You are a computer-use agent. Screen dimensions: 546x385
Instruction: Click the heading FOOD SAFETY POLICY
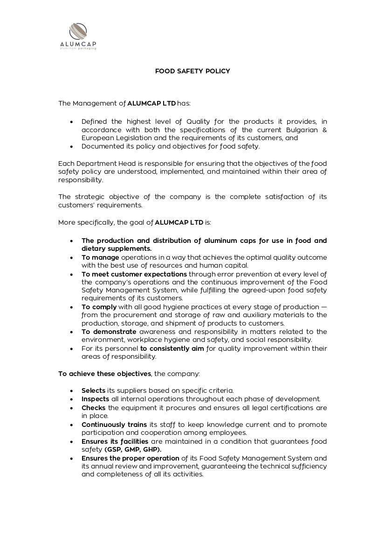pyautogui.click(x=192, y=71)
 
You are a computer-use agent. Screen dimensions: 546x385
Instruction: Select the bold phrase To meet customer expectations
pyautogui.click(x=134, y=274)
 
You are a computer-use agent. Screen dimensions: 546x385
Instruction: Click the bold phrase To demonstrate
pyautogui.click(x=109, y=332)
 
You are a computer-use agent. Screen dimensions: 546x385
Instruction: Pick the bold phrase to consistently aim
pyautogui.click(x=172, y=348)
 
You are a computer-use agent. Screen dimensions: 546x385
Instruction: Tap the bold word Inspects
pyautogui.click(x=95, y=399)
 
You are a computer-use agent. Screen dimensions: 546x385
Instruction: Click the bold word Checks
pyautogui.click(x=94, y=407)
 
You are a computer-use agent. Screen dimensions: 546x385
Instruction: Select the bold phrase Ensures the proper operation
pyautogui.click(x=130, y=458)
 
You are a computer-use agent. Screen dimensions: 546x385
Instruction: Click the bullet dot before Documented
pyautogui.click(x=71, y=147)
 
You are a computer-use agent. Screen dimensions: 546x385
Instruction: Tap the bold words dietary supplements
pyautogui.click(x=116, y=248)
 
